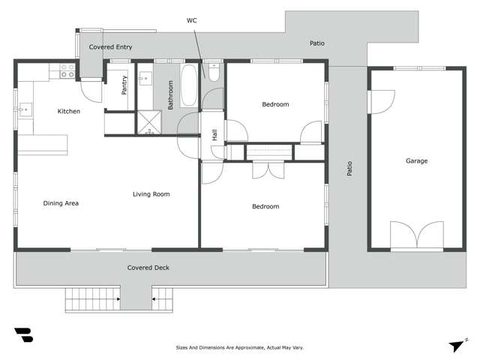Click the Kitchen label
coord(69,112)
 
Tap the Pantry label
coord(124,85)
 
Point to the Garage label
coord(416,160)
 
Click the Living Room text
coord(151,194)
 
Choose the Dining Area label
coord(61,203)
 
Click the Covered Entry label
coord(110,47)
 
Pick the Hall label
coord(214,135)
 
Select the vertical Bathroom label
coord(170,95)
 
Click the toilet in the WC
coord(213,73)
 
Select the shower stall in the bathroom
coord(148,122)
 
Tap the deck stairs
coord(91,300)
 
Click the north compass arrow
coord(456,344)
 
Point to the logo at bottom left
coord(23,335)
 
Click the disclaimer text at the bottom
coord(240,348)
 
